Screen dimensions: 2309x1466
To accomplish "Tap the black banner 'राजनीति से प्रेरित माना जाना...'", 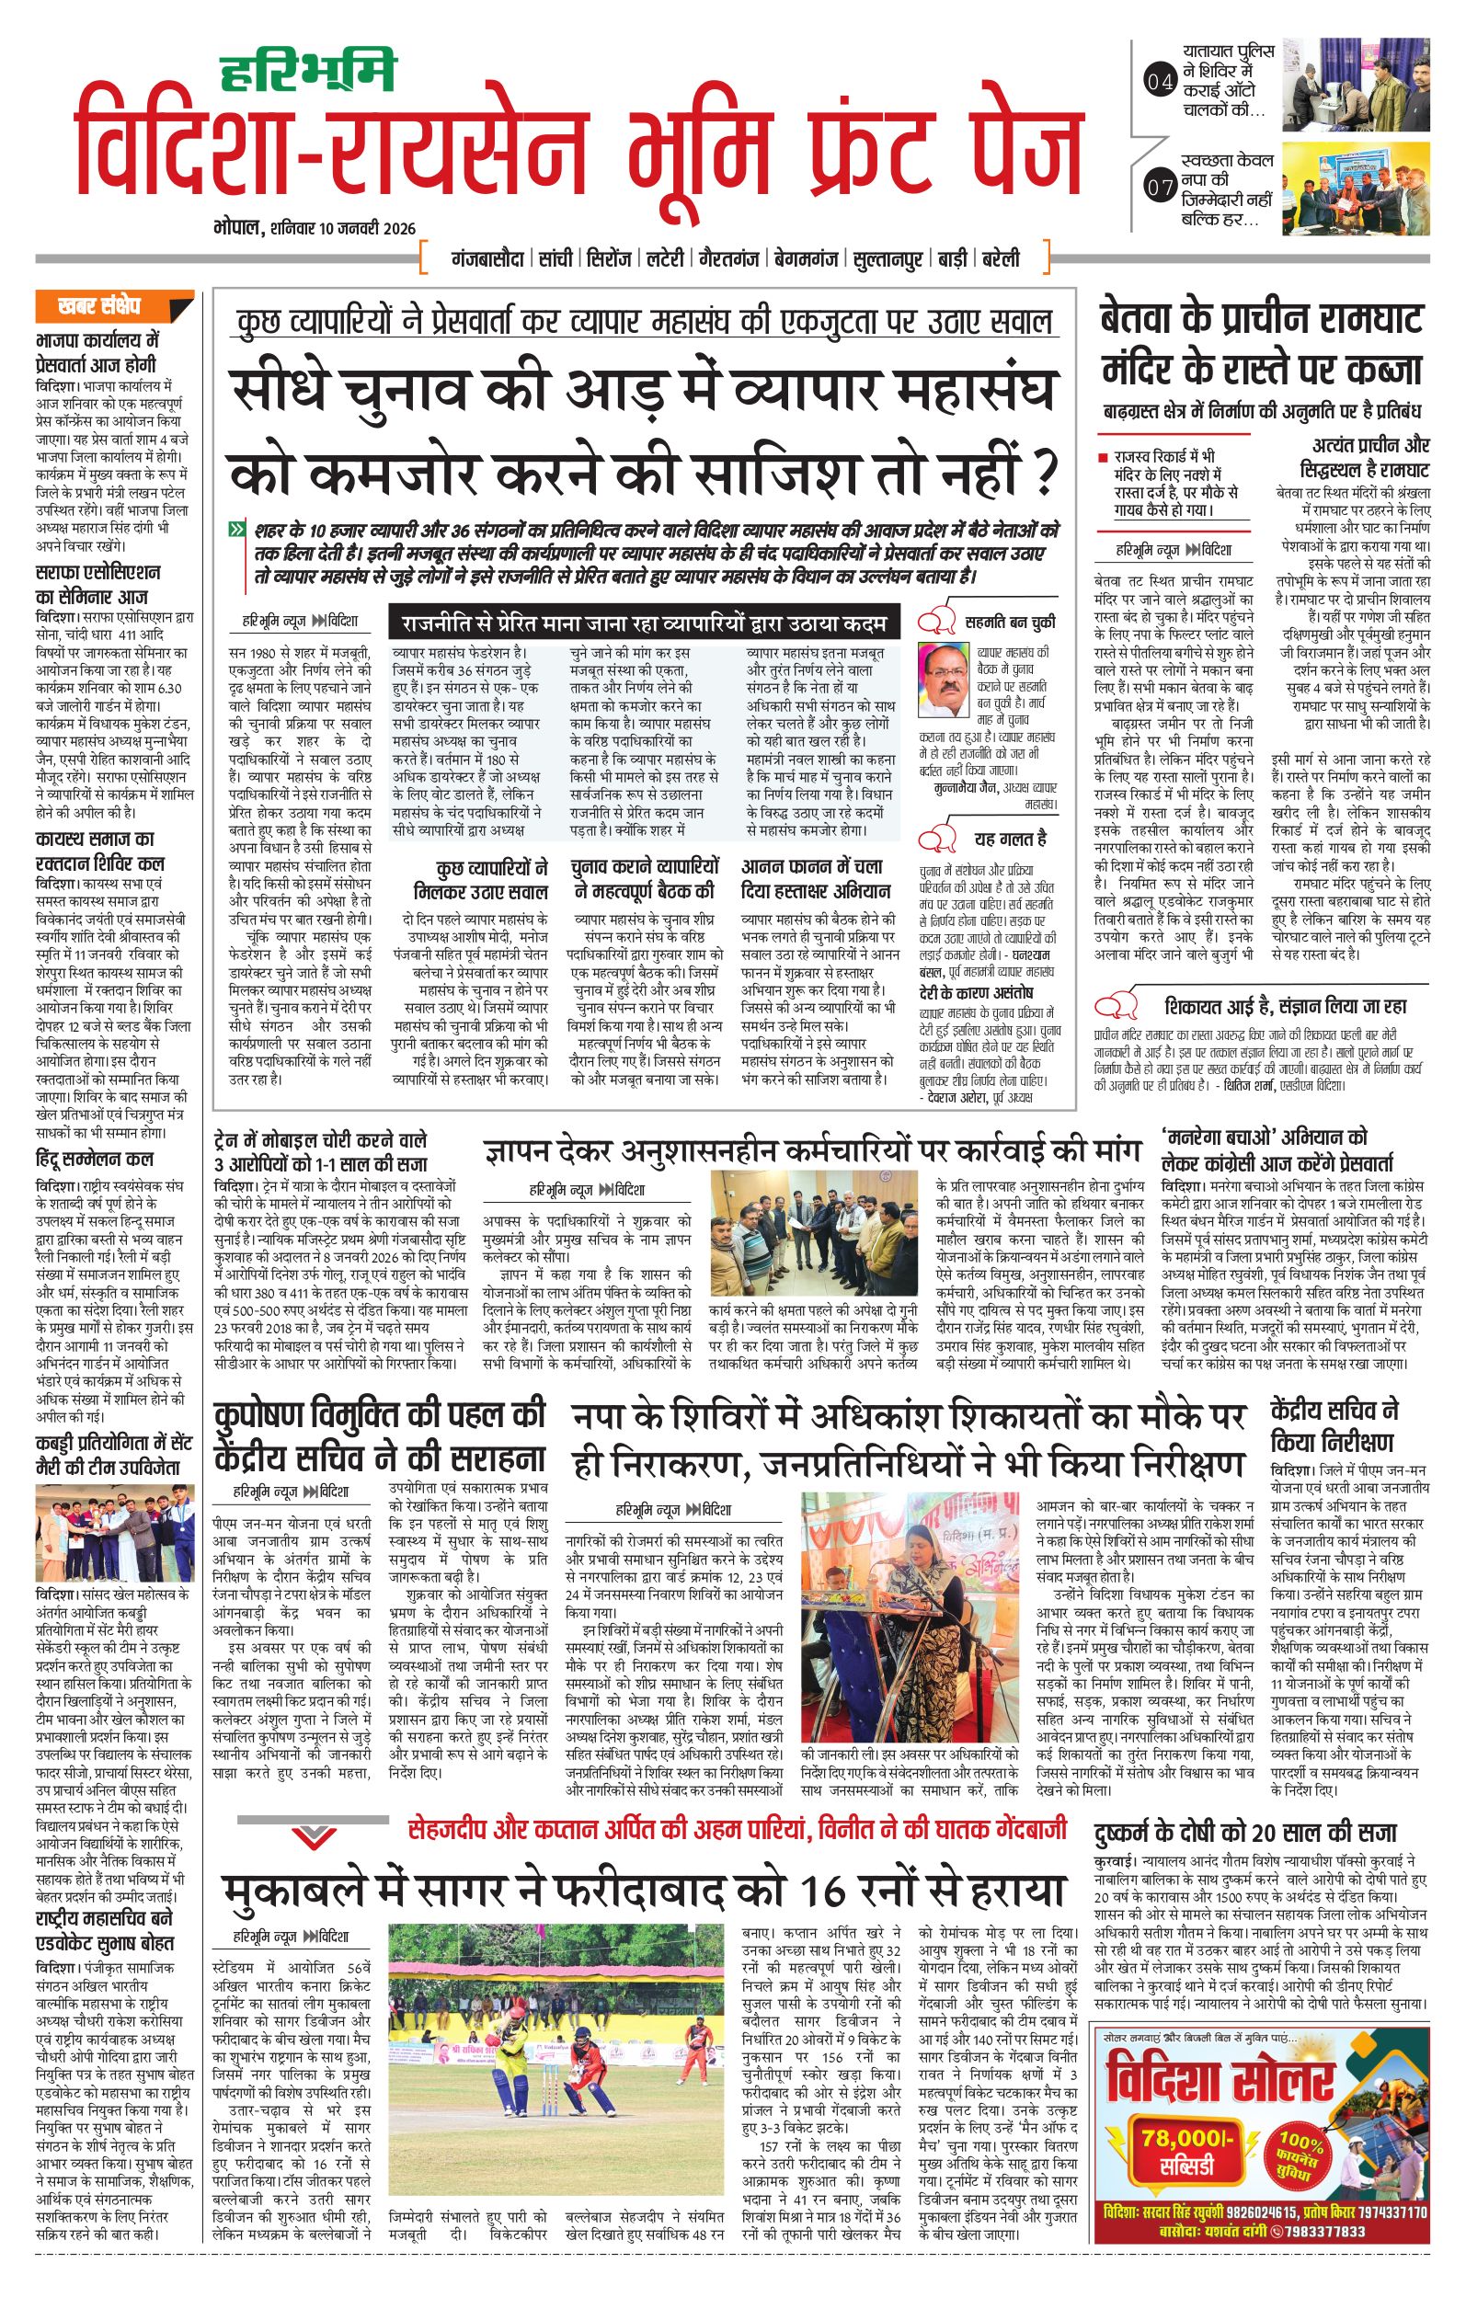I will click(x=641, y=623).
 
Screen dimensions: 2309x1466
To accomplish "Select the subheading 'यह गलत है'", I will click(x=1011, y=839).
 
